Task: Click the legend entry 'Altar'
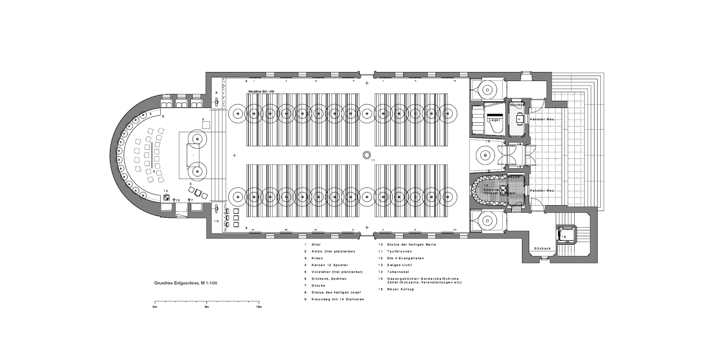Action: click(x=315, y=244)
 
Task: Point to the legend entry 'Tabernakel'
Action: click(x=396, y=272)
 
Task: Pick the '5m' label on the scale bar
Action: click(x=207, y=307)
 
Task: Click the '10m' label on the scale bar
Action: click(x=258, y=307)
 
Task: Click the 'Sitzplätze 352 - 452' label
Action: click(x=261, y=91)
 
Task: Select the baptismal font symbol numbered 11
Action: click(x=366, y=155)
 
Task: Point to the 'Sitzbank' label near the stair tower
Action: click(x=542, y=248)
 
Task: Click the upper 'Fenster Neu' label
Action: click(x=542, y=119)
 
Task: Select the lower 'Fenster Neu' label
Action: click(x=542, y=190)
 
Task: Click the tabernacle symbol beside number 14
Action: click(x=166, y=197)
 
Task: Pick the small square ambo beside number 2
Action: click(x=206, y=126)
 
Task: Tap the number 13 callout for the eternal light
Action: click(x=177, y=200)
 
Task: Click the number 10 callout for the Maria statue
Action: click(x=216, y=221)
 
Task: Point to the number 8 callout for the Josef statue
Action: click(x=216, y=93)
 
